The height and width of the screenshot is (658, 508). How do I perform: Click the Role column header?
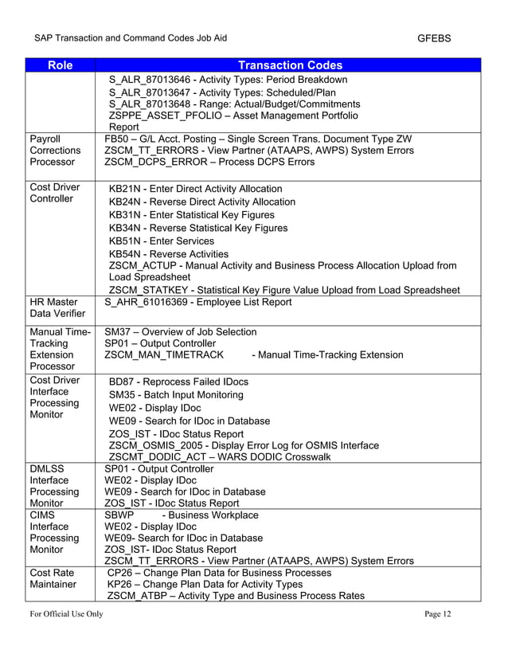click(x=60, y=65)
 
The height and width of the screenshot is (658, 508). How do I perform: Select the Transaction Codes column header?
click(x=291, y=65)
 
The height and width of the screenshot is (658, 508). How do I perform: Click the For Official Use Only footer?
click(x=67, y=613)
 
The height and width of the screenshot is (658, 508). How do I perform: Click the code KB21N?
click(x=125, y=189)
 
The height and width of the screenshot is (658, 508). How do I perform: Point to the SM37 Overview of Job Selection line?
click(x=181, y=331)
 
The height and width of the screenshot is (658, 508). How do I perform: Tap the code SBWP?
click(x=119, y=515)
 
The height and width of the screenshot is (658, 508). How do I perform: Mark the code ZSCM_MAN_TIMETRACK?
click(x=163, y=354)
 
